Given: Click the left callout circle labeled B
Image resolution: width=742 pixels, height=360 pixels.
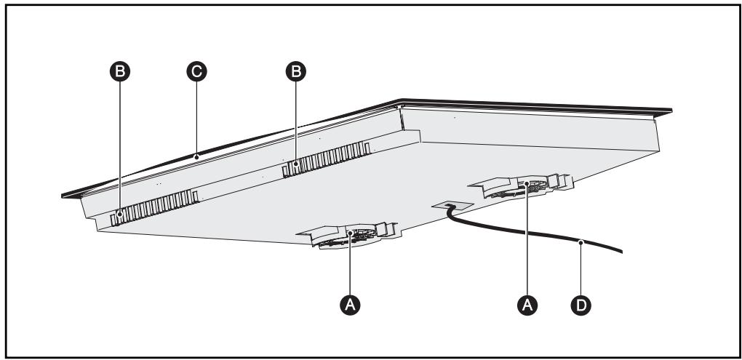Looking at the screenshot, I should coord(120,71).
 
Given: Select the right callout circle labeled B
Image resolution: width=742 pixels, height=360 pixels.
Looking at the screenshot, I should coord(295,71).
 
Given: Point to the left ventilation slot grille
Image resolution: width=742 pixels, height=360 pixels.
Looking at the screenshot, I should coord(154,207).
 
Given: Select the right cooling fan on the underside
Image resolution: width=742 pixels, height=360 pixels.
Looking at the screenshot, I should coord(525,185).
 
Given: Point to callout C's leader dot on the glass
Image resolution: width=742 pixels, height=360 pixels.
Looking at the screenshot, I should coord(196,155).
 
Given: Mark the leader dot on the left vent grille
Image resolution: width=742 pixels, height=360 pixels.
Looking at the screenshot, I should coord(120,214).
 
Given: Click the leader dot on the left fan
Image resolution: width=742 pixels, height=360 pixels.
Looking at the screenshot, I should coord(351,233).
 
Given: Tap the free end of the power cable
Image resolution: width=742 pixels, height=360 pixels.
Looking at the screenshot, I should coord(622,252).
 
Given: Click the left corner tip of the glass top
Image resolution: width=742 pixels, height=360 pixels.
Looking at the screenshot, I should coord(63,195).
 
